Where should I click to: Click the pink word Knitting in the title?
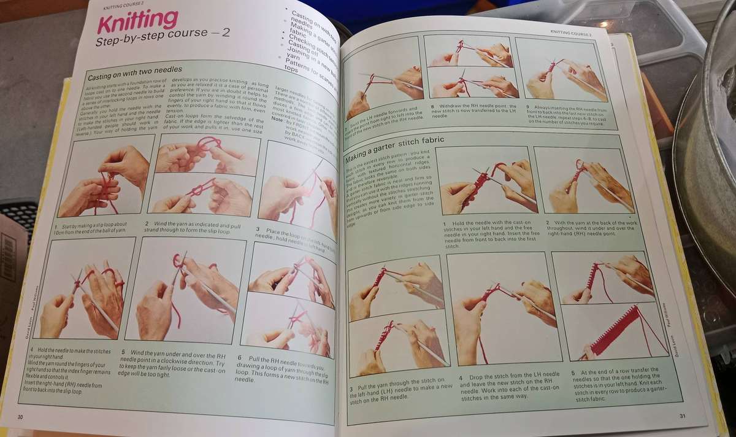(137, 25)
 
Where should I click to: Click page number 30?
(20, 417)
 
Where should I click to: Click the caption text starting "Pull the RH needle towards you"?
(287, 368)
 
